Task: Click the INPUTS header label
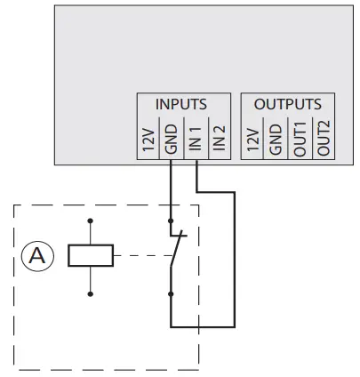pos(181,104)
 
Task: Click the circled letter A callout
pos(36,257)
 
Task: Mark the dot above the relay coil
pos(91,220)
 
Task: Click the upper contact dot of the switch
pos(171,220)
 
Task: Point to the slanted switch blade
pos(178,251)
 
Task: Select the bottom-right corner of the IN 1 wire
pos(235,326)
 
